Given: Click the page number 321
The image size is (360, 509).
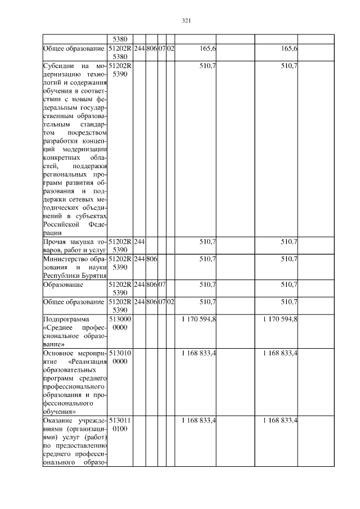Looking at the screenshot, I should point(187,21).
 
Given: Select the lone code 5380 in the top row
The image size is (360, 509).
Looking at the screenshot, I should point(120,39).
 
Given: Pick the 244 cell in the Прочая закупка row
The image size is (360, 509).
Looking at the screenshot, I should point(139,241).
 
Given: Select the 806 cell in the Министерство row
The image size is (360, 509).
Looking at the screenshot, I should point(151,259).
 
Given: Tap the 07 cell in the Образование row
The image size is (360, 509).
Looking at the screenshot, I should point(161,285).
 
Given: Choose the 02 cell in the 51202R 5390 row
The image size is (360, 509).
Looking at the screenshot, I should point(170,302).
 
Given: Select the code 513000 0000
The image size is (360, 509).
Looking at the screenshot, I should point(120,323).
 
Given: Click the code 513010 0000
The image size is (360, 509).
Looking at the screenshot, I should point(120,358).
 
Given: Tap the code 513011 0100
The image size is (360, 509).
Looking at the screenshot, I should point(120,425).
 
